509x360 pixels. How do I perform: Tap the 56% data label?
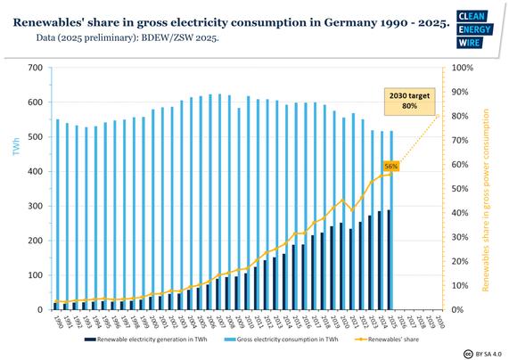(390, 166)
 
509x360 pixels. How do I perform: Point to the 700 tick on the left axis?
(35, 68)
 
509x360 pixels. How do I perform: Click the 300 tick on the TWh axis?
(35, 206)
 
